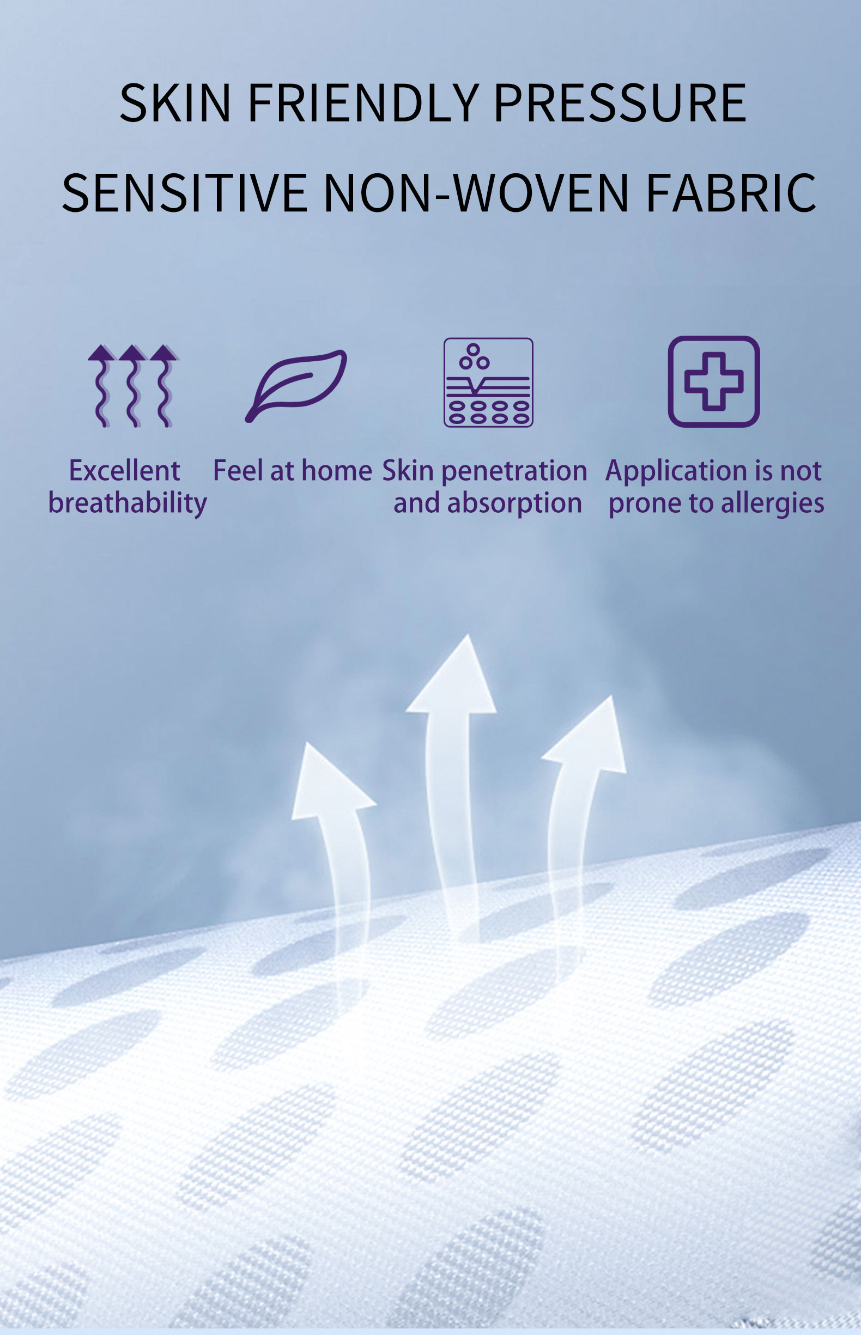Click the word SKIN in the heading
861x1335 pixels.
pyautogui.click(x=175, y=103)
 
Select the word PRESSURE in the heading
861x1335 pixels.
pyautogui.click(x=620, y=103)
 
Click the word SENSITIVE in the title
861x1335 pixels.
pyautogui.click(x=185, y=193)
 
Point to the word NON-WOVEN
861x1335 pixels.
pyautogui.click(x=476, y=193)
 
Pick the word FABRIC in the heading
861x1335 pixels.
pyautogui.click(x=731, y=193)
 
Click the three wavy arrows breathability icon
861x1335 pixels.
pyautogui.click(x=132, y=385)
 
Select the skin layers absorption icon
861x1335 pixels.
pyautogui.click(x=488, y=383)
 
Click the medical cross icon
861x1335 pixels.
pyautogui.click(x=713, y=381)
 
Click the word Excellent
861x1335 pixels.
pyautogui.click(x=124, y=471)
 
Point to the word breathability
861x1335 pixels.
pyautogui.click(x=128, y=503)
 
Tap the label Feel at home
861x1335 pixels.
pyautogui.click(x=293, y=471)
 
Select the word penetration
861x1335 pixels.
pyautogui.click(x=514, y=471)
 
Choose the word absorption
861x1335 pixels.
pyautogui.click(x=514, y=503)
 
